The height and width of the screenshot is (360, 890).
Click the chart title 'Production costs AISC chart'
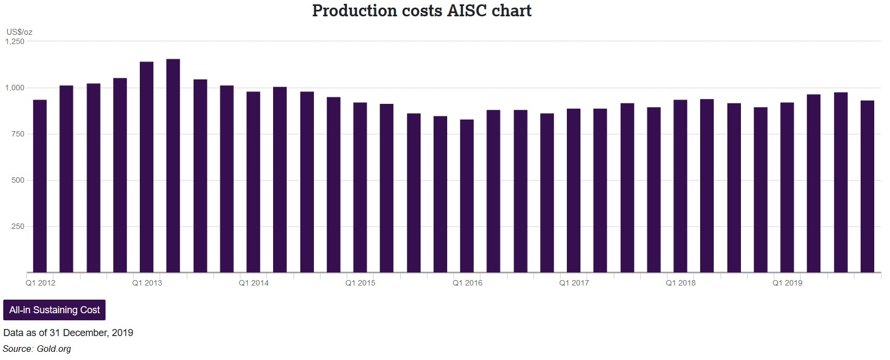pyautogui.click(x=422, y=10)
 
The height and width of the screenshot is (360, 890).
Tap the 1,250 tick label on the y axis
pyautogui.click(x=15, y=41)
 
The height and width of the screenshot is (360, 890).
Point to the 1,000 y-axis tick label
pyautogui.click(x=15, y=88)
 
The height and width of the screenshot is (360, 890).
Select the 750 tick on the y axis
pyautogui.click(x=18, y=134)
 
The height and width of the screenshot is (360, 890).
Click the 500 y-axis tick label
pyautogui.click(x=18, y=180)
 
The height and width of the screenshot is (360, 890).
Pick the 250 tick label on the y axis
pyautogui.click(x=18, y=226)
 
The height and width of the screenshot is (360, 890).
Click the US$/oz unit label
pyautogui.click(x=19, y=32)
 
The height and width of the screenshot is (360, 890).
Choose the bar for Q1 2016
pyautogui.click(x=467, y=196)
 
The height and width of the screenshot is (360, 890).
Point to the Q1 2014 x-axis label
pyautogui.click(x=254, y=283)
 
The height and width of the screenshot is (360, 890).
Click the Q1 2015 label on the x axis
pyautogui.click(x=360, y=283)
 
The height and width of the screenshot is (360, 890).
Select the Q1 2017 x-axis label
pyautogui.click(x=574, y=283)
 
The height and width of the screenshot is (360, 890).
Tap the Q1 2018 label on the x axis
pyautogui.click(x=681, y=283)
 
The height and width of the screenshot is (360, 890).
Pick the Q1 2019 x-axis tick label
pyautogui.click(x=787, y=283)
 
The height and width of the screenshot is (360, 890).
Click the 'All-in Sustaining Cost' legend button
pyautogui.click(x=54, y=310)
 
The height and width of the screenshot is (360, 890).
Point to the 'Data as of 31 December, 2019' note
pyautogui.click(x=68, y=333)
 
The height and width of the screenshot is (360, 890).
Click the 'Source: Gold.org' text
pyautogui.click(x=37, y=349)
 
